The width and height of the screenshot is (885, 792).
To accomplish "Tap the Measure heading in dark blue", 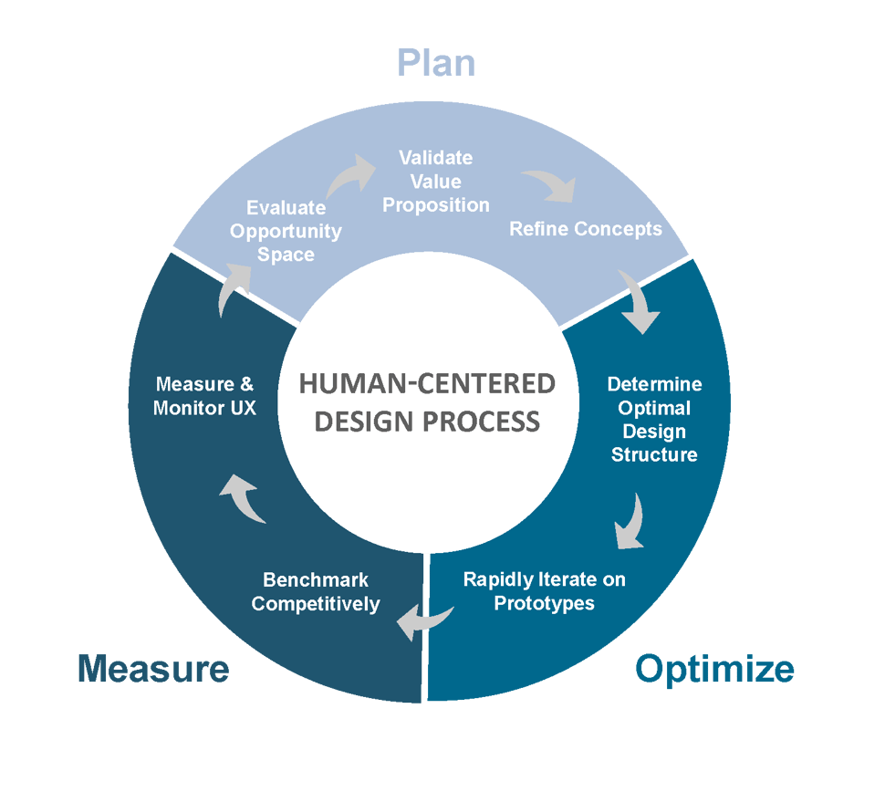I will click(153, 669).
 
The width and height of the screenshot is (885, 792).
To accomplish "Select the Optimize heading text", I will click(714, 669).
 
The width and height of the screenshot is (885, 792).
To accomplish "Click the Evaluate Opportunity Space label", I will click(286, 231).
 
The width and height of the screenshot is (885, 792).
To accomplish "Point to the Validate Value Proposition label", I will click(436, 182).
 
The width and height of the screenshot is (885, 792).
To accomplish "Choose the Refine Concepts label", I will click(586, 228).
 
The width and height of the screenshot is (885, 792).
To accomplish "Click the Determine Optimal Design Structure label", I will click(654, 419).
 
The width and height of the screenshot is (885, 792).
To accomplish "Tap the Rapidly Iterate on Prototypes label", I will click(545, 590).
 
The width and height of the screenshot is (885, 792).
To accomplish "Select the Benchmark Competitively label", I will click(316, 591).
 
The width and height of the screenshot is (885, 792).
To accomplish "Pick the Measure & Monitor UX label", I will click(204, 396).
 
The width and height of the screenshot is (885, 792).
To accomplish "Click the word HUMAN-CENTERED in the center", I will click(427, 384).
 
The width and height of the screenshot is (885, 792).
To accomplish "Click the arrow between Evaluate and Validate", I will click(349, 174).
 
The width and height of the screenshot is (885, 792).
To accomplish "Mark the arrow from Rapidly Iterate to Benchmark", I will click(425, 620).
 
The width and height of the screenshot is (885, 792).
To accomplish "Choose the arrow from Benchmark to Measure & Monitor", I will click(244, 497).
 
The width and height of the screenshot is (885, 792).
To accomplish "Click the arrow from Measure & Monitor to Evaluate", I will click(234, 287).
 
